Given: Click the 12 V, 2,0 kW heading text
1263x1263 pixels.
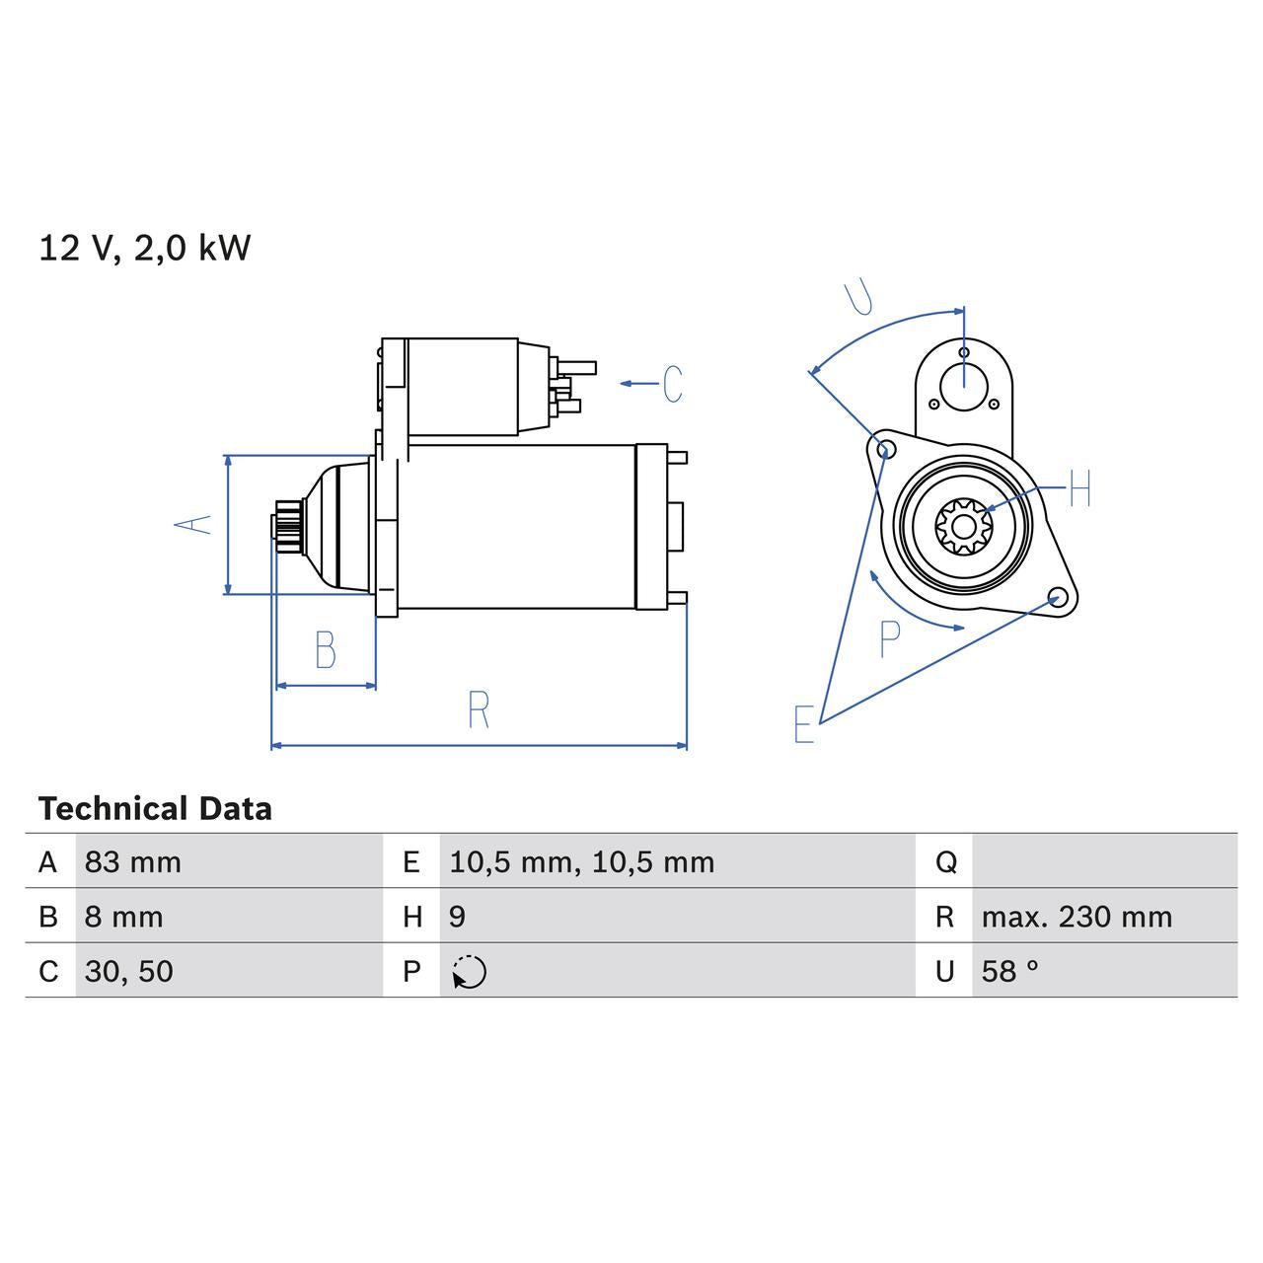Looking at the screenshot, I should click(x=144, y=248).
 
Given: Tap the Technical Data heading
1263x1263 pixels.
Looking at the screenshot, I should click(x=155, y=809).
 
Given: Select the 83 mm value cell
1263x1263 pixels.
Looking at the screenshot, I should click(x=133, y=862).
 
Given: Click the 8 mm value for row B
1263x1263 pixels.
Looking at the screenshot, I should click(x=123, y=917).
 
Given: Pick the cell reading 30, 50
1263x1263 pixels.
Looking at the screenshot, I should click(x=128, y=971).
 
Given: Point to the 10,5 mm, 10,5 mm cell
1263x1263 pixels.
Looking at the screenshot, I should click(x=581, y=862).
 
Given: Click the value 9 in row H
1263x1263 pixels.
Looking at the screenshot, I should click(x=457, y=917).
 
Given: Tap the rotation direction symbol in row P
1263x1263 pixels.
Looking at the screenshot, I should click(x=470, y=972).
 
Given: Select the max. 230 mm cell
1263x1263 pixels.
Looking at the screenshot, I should click(x=1077, y=917).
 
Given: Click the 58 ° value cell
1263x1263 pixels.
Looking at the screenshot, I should click(x=1009, y=971).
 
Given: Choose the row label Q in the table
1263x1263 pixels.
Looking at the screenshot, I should click(x=945, y=862).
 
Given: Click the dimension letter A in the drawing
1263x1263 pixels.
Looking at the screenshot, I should click(x=193, y=524).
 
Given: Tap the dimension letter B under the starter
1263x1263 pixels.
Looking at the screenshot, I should click(x=325, y=650).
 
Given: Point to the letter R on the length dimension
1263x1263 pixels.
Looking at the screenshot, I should click(x=479, y=710).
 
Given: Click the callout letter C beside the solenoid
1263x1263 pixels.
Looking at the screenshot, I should click(x=673, y=384).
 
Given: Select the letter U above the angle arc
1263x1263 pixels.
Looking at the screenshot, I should click(x=858, y=297).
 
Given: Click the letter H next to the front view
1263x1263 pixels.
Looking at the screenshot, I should click(x=1080, y=488).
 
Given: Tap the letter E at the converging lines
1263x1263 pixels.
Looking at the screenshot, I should click(x=804, y=725).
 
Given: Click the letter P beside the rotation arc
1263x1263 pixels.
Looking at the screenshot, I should click(x=889, y=640).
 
